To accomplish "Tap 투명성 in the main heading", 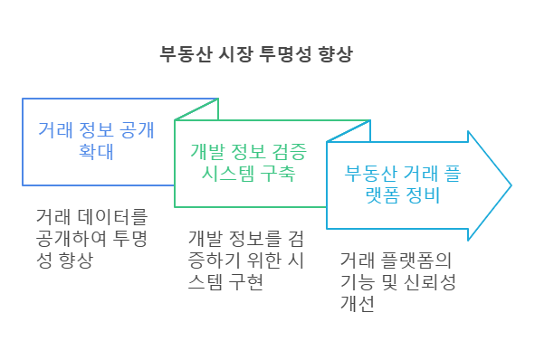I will pyautogui.click(x=272, y=53).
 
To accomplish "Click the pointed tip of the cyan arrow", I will pyautogui.click(x=510, y=185).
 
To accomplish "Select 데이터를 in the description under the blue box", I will pyautogui.click(x=112, y=217).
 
